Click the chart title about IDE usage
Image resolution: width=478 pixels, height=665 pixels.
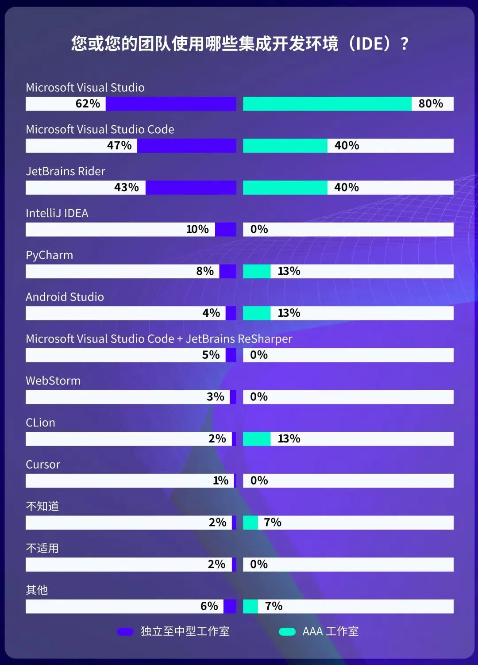coord(239,44)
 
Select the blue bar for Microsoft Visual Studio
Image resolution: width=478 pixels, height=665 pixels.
coord(171,104)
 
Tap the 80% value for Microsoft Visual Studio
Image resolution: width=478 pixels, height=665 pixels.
coord(431,104)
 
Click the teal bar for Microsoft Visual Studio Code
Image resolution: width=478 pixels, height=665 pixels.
coord(285,146)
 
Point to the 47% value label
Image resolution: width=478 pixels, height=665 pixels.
coord(119,146)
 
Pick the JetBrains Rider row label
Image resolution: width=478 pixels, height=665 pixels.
coord(66,171)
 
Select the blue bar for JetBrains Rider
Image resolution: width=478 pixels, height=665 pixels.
coord(191,188)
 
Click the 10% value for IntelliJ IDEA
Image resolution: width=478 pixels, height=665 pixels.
coord(197,229)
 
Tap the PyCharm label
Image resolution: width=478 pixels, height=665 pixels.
coord(49,255)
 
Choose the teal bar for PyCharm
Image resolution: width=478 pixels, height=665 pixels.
coord(257,271)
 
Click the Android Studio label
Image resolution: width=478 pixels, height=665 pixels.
coord(65,297)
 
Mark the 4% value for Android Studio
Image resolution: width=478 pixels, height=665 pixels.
coord(211,313)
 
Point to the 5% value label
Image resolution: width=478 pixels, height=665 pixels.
coord(211,355)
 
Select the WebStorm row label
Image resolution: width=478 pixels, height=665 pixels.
coord(53,381)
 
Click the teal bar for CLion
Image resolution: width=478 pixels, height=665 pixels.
coord(257,439)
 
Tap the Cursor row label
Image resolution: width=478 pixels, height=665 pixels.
coord(43,465)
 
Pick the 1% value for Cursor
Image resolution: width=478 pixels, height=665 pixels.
coord(220,480)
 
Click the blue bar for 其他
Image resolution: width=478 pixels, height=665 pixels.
coord(230,606)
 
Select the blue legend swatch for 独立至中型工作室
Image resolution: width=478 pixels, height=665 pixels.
coord(125,632)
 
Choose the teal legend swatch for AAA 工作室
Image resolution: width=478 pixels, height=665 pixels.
coord(287,632)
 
